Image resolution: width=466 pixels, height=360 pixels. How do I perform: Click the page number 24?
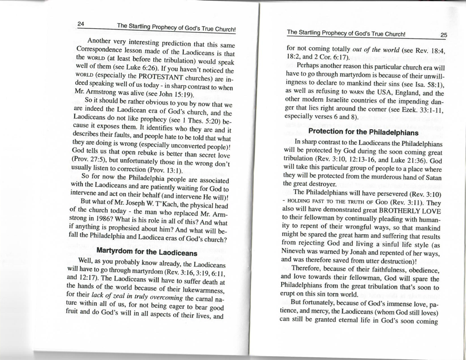coord(81,24)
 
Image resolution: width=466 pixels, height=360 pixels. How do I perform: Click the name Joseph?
coord(150,215)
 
